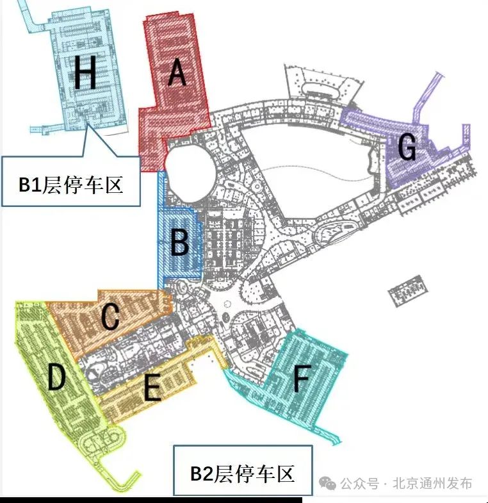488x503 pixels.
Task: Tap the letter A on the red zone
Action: [x=177, y=74]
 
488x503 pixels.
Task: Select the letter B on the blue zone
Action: [x=179, y=244]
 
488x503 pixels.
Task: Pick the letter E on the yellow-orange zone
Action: [x=152, y=388]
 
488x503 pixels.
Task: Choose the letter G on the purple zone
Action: [x=407, y=148]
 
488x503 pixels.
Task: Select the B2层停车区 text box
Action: [x=243, y=474]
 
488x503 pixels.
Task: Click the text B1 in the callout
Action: [x=31, y=186]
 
